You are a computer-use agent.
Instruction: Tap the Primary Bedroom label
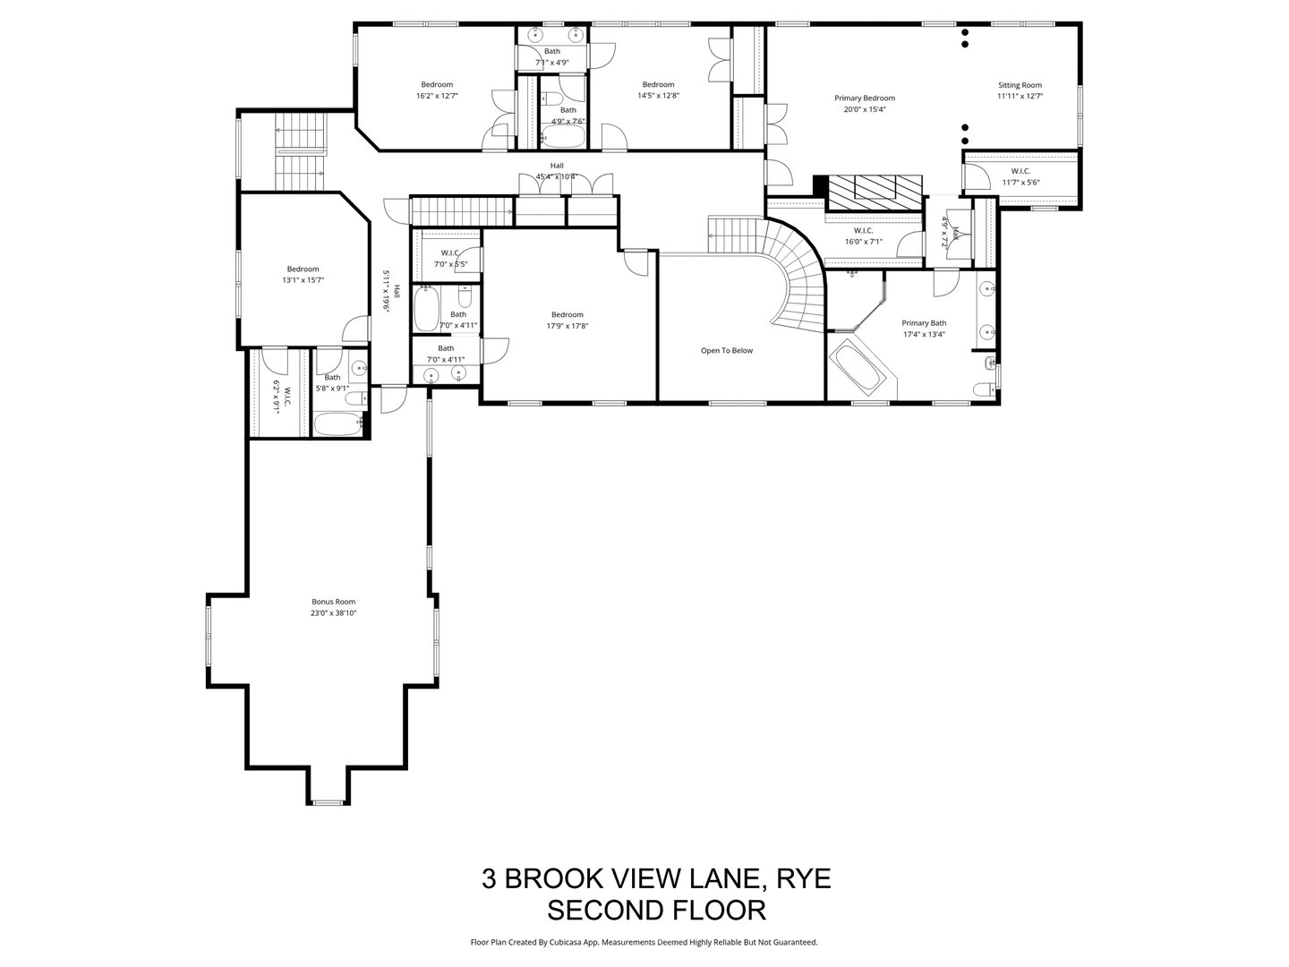point(864,98)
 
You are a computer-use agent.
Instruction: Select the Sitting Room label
point(1020,85)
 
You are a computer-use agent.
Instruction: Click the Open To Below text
point(726,350)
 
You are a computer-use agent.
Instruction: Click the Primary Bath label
point(923,323)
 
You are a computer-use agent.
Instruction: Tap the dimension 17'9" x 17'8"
point(567,326)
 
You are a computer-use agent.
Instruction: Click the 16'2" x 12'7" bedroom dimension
point(437,96)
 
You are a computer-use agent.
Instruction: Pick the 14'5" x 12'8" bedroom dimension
point(658,96)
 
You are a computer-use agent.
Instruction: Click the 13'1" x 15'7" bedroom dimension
point(303,280)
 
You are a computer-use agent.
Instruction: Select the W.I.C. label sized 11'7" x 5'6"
point(1020,171)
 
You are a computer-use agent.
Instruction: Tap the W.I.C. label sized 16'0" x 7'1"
point(864,230)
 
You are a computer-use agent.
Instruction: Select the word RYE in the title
point(801,878)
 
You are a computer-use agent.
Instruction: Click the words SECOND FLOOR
point(656,911)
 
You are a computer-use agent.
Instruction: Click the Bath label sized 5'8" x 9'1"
point(332,378)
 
